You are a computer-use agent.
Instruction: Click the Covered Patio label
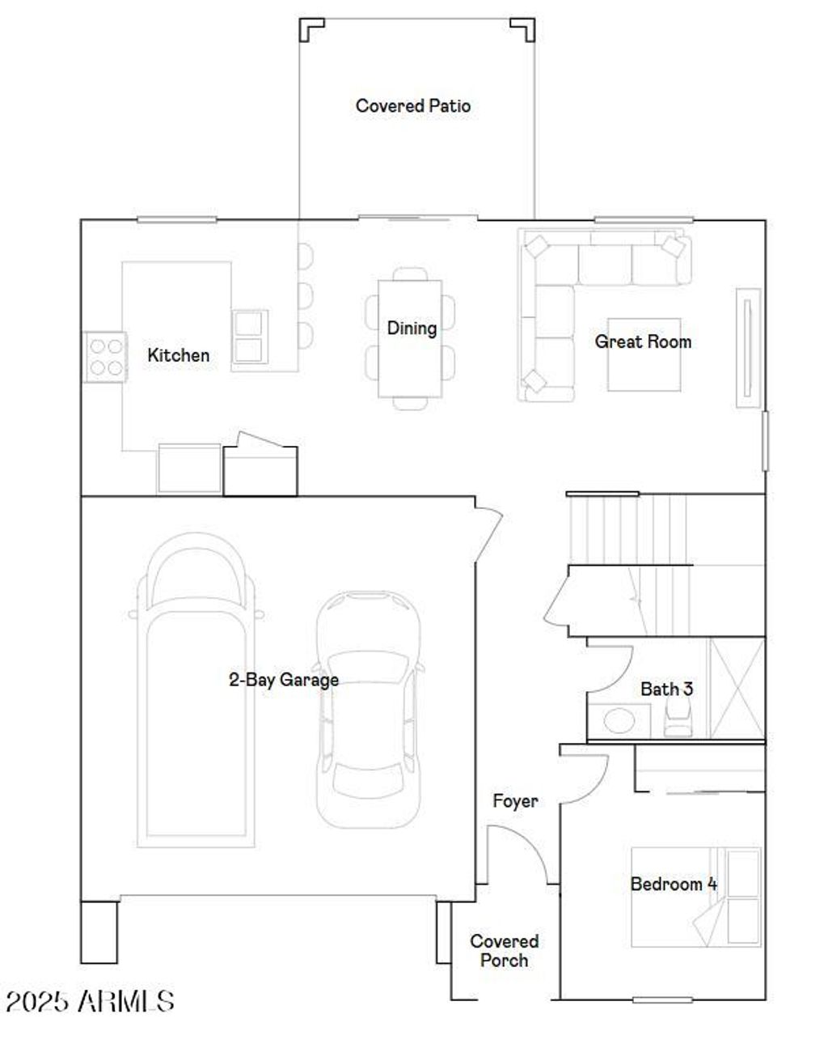pyautogui.click(x=412, y=106)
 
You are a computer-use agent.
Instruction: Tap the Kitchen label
pyautogui.click(x=178, y=355)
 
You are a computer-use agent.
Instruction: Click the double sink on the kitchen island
pyautogui.click(x=249, y=336)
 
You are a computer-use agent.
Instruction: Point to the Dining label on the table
pyautogui.click(x=412, y=329)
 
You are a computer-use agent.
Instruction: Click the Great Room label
pyautogui.click(x=643, y=342)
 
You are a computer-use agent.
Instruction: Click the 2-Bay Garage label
pyautogui.click(x=283, y=680)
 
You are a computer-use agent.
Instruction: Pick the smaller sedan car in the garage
pyautogui.click(x=369, y=708)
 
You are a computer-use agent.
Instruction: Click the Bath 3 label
pyautogui.click(x=666, y=689)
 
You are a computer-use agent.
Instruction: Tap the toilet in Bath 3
pyautogui.click(x=678, y=717)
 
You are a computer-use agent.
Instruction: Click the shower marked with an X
pyautogui.click(x=737, y=688)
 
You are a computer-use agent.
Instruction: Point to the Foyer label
pyautogui.click(x=515, y=801)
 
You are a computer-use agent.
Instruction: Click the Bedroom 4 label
pyautogui.click(x=673, y=884)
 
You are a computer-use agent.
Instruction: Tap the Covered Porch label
pyautogui.click(x=504, y=951)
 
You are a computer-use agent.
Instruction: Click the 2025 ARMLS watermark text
pyautogui.click(x=90, y=1001)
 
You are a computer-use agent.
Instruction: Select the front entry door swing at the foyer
pyautogui.click(x=522, y=854)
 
